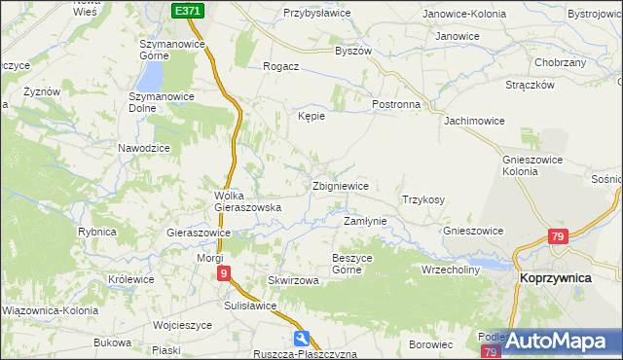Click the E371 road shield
pyautogui.click(x=189, y=10)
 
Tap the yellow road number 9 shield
pyautogui.click(x=225, y=274)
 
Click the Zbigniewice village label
pyautogui.click(x=339, y=186)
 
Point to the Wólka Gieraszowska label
pyautogui.click(x=247, y=201)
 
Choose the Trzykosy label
pyautogui.click(x=422, y=199)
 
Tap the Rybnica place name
pyautogui.click(x=97, y=232)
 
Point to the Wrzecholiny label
pyautogui.click(x=451, y=269)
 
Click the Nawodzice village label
pyautogui.click(x=144, y=148)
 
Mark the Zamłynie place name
pyautogui.click(x=366, y=221)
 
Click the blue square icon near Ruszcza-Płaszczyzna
pyautogui.click(x=303, y=338)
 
